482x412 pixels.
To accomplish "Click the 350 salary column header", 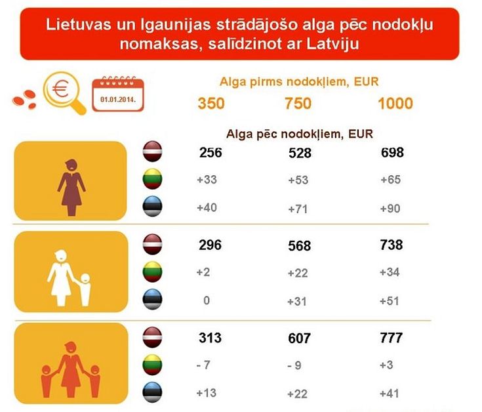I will point(211,103).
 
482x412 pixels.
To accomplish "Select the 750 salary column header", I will point(298,103).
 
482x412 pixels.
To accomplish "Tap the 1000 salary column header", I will point(395,103).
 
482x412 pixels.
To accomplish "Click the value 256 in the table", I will point(211,153).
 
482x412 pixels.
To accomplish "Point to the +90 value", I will point(392,209).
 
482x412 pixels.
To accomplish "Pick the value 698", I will point(392,153).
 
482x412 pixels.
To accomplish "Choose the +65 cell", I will point(392,180).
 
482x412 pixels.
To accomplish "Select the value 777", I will point(391,339).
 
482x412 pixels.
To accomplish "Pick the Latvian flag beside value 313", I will point(153,337).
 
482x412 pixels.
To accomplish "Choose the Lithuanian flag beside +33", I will point(153,179).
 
